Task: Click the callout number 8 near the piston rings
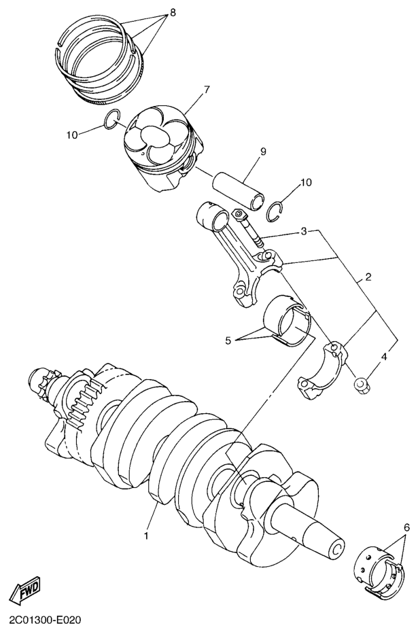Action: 173,12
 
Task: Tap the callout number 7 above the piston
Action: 206,90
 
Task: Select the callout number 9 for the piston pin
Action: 263,152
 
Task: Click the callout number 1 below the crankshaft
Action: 146,536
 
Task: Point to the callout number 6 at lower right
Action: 406,527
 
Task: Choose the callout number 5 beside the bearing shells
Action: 228,340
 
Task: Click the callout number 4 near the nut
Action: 384,356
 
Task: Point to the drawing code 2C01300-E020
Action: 41,619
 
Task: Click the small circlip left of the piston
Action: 112,120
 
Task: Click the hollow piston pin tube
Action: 239,190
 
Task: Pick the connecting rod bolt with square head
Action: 250,229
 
